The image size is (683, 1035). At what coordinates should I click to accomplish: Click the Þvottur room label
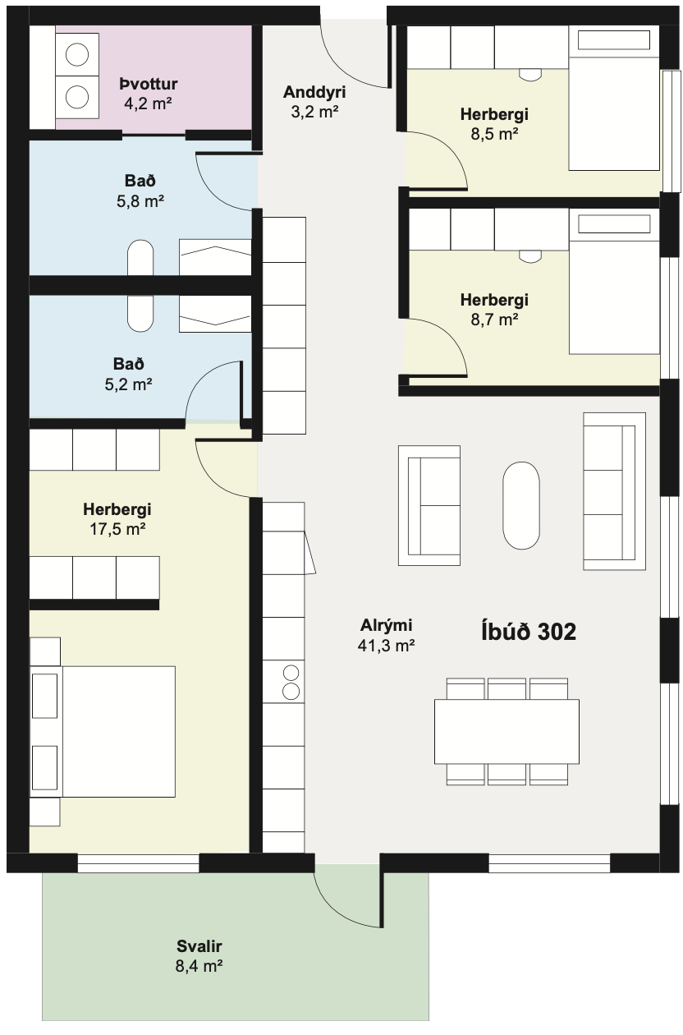coord(149,84)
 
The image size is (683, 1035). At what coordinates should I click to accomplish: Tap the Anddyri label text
coord(314,92)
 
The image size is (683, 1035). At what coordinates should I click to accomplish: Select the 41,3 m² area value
coord(386,645)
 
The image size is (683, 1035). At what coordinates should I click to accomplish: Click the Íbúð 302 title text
coord(529,631)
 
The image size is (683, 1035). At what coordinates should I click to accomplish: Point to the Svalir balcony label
coord(199,945)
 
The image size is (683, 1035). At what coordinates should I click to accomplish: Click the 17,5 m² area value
coord(117,529)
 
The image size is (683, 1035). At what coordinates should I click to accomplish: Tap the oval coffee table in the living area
coord(521,505)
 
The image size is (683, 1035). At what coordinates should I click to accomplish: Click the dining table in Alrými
coord(507,731)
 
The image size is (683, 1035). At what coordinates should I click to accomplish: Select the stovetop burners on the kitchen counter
coord(291,682)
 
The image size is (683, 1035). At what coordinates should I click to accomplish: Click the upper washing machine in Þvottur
coord(77,54)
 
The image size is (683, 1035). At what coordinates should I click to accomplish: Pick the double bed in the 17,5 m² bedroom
coord(103,731)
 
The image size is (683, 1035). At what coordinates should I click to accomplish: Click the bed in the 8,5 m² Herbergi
coord(614,98)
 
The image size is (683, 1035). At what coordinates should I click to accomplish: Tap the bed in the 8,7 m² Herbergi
coord(614,282)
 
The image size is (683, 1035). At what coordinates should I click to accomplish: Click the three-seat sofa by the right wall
coord(614,491)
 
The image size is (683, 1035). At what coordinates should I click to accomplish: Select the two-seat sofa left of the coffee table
coord(429,505)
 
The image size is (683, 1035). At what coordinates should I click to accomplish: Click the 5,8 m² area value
coord(140,201)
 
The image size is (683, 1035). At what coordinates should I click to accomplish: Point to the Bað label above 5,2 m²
coord(128,364)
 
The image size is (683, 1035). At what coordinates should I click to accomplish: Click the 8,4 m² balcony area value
coord(199,966)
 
